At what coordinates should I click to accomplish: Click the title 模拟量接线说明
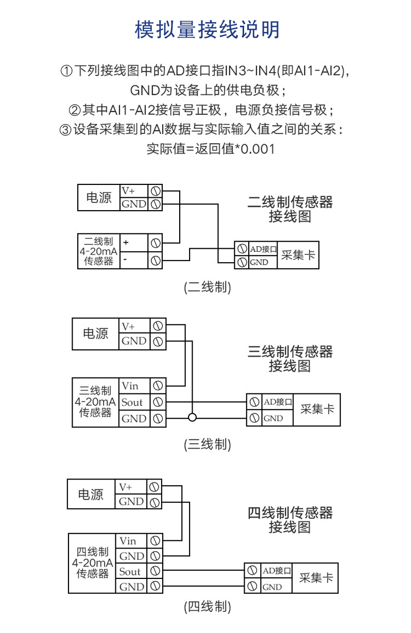[207, 30]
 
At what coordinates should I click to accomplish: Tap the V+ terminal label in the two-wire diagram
[128, 191]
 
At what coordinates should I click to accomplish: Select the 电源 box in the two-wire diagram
[98, 198]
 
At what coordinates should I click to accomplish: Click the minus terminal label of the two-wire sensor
[125, 261]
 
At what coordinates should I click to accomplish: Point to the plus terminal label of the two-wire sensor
[126, 242]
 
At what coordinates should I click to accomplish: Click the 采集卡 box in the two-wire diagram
[298, 255]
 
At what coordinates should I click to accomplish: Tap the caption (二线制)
[207, 287]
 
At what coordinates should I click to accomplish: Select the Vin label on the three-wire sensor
[130, 386]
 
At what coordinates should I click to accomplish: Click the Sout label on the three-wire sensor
[132, 402]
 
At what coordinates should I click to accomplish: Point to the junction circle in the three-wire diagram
[192, 418]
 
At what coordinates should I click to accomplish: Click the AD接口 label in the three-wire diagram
[278, 402]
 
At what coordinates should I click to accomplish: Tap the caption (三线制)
[207, 444]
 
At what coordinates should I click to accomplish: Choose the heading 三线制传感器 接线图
[290, 359]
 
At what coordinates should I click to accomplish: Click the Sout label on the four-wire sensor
[130, 571]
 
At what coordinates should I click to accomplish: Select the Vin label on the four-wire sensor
[128, 541]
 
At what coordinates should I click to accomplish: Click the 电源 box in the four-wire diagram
[91, 494]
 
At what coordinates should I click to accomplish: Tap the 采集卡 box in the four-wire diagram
[316, 578]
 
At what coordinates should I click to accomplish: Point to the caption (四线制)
[207, 607]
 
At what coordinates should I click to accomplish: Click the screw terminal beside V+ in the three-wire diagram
[158, 326]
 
